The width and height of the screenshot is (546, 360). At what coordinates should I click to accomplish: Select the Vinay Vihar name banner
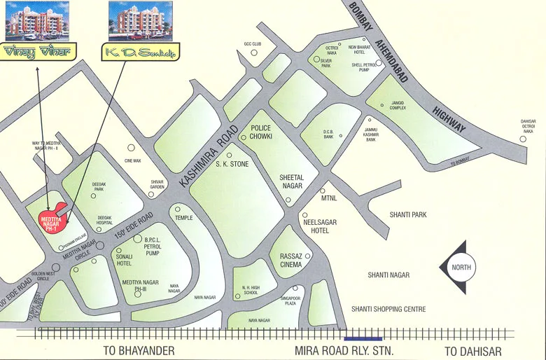point(38,52)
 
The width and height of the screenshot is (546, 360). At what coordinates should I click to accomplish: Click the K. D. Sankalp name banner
point(141,52)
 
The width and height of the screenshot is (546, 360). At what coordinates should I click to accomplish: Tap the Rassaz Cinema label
point(292,260)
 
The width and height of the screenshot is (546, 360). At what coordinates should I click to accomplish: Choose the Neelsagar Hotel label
point(320,226)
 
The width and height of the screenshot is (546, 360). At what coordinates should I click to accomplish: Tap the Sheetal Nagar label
point(290,181)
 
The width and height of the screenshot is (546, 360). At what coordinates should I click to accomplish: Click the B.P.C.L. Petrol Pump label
point(153,246)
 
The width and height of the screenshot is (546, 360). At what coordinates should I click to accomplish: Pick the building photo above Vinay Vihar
point(38,20)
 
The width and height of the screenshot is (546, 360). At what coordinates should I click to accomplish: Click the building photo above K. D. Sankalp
point(136,20)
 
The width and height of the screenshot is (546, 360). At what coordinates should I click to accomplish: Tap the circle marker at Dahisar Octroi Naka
point(523,139)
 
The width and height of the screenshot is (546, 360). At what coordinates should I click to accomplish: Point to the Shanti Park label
point(408,214)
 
